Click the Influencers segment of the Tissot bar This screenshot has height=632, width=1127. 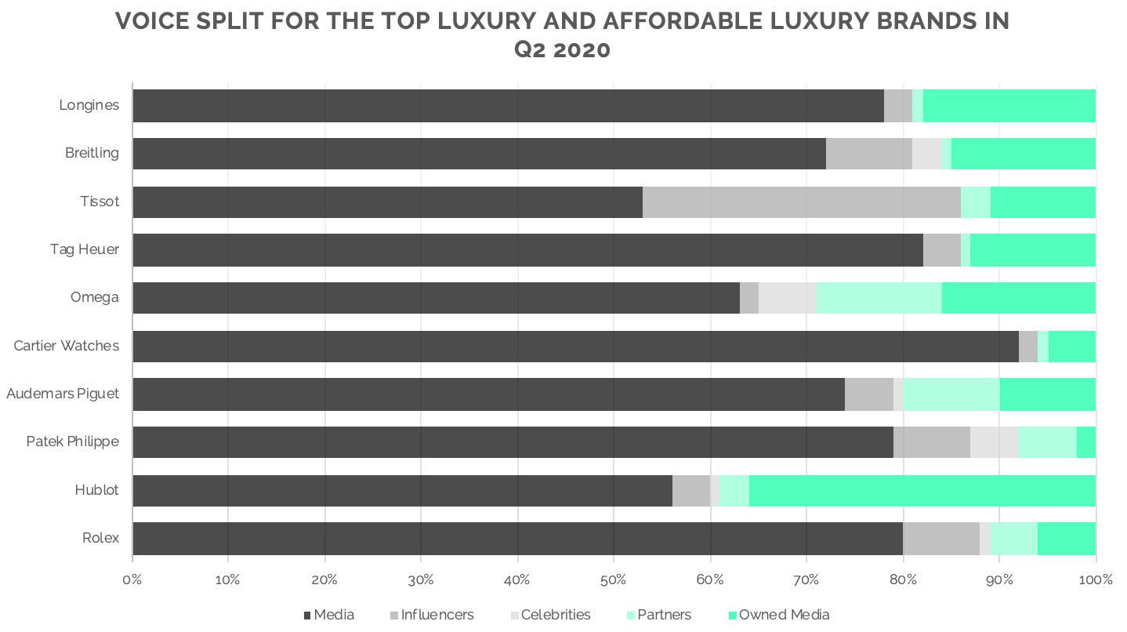(x=801, y=202)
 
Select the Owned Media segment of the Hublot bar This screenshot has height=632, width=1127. (x=922, y=490)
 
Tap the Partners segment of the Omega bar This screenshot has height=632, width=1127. (x=879, y=298)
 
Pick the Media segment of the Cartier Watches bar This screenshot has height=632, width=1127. (x=575, y=346)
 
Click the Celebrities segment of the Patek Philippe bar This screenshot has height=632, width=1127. (x=994, y=442)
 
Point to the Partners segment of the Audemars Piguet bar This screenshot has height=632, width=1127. (x=951, y=394)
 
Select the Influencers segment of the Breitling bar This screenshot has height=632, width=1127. (x=868, y=154)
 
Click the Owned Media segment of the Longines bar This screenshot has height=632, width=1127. (x=1009, y=106)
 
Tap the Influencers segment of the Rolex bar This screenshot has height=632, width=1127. (x=940, y=538)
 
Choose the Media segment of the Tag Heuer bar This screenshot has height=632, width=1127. (x=527, y=249)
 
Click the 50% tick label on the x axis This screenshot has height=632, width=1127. (x=614, y=580)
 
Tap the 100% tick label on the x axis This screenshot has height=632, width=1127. (x=1095, y=580)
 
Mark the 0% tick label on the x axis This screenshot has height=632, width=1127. (x=132, y=580)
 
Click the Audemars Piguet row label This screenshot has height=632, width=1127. (x=63, y=394)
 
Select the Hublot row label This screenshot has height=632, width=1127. (x=96, y=490)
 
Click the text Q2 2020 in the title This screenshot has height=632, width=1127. (x=562, y=49)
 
